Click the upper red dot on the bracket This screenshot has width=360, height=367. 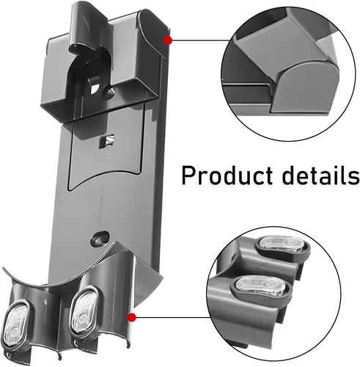pyautogui.click(x=168, y=40)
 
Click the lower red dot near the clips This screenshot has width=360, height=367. pyautogui.click(x=132, y=317)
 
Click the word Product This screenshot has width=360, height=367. pyautogui.click(x=227, y=175)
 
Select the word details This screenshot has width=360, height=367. pyautogui.click(x=320, y=175)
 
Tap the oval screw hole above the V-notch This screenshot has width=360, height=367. pyautogui.click(x=100, y=238)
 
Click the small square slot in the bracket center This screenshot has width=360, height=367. pyautogui.click(x=106, y=141)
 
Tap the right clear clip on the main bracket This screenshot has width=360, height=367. pyautogui.click(x=83, y=310)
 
